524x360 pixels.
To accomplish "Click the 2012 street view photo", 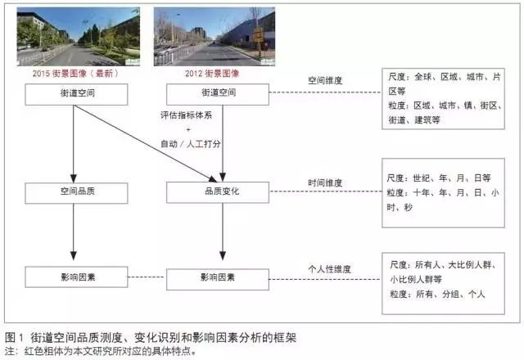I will point(215,37).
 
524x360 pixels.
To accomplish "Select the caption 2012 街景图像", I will point(216,73).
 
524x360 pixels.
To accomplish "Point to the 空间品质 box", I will point(76,193).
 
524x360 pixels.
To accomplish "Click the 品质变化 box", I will point(217,193).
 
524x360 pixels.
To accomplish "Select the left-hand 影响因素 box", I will point(76,277).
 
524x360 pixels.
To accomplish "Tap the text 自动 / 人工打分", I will point(190,144).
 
